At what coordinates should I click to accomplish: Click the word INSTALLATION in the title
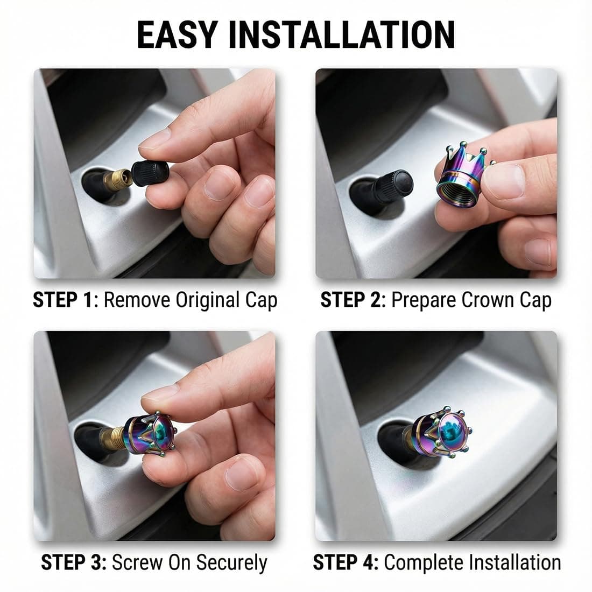[342, 35]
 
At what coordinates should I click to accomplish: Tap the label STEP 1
[62, 300]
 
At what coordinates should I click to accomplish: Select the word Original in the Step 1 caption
[208, 300]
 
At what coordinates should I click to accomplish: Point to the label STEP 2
[351, 300]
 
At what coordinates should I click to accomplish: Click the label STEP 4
[346, 562]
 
